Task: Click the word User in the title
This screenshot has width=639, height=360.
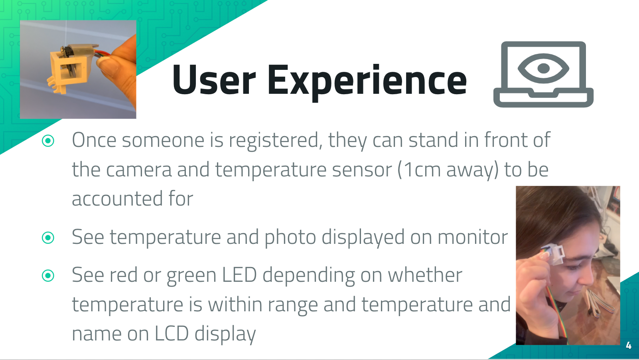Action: (214, 80)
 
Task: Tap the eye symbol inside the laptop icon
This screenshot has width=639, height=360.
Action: (543, 68)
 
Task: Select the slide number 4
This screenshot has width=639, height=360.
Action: (629, 346)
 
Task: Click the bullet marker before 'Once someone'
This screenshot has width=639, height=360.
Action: (48, 140)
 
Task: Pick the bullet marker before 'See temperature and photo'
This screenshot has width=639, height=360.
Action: (48, 237)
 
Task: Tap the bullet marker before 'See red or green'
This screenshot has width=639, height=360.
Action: (48, 275)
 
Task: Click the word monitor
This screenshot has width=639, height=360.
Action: (473, 237)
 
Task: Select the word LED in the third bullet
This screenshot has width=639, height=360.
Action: (239, 275)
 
